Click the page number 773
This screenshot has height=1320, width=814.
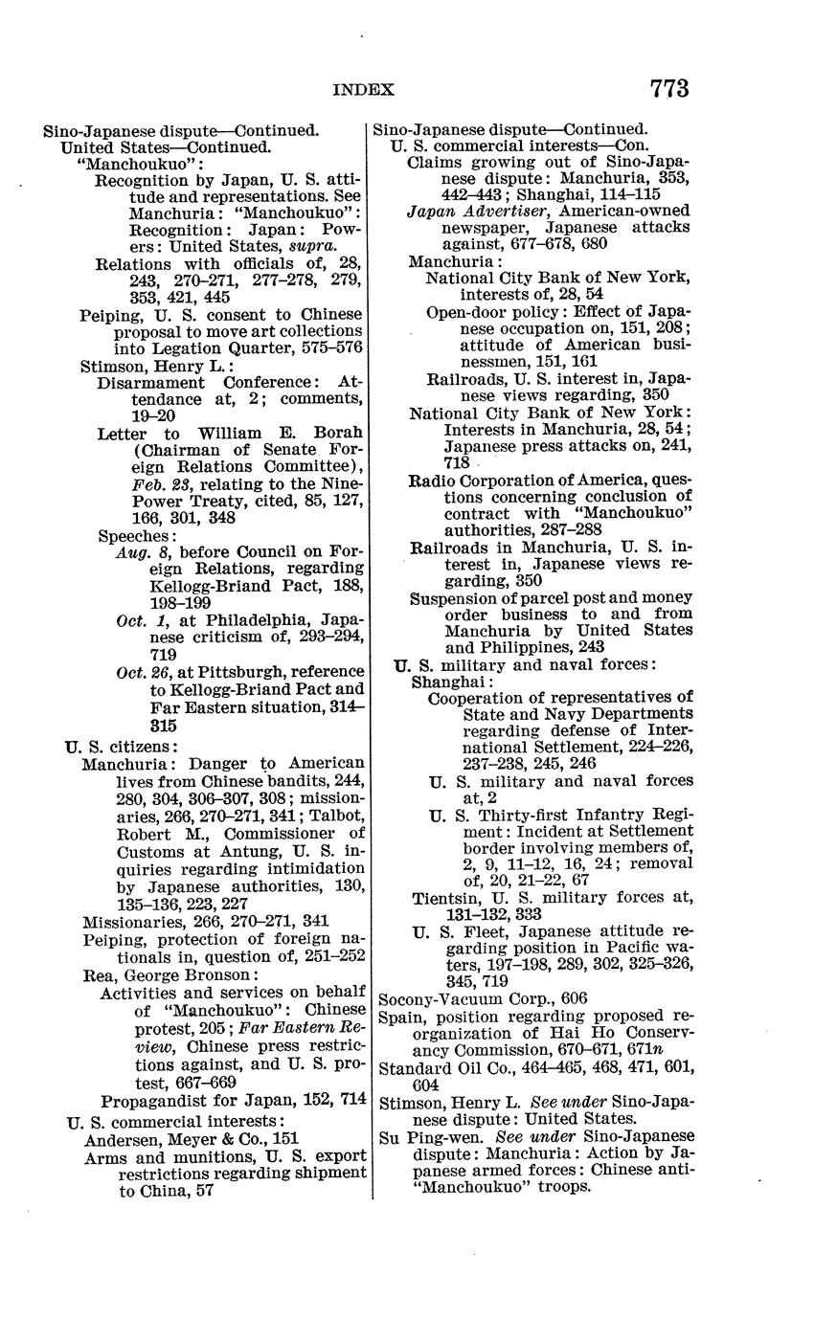click(x=668, y=89)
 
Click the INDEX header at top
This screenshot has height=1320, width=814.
click(x=363, y=90)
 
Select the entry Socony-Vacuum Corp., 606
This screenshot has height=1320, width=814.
click(x=483, y=998)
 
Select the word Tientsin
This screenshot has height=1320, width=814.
click(x=443, y=898)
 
